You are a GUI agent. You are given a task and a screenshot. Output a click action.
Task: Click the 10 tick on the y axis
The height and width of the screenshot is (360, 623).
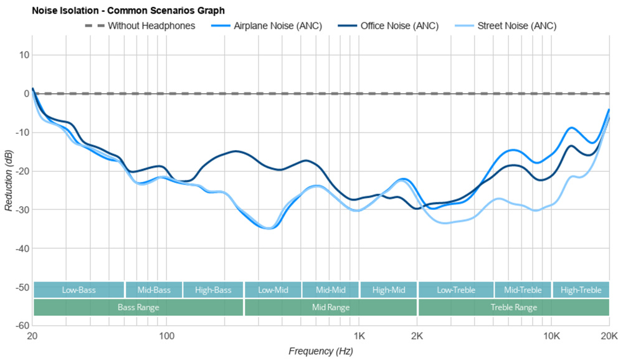click(24, 55)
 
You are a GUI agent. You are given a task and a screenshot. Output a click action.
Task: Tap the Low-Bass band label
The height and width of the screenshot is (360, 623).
click(78, 290)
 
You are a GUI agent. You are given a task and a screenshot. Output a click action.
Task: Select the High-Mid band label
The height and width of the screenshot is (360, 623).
click(388, 290)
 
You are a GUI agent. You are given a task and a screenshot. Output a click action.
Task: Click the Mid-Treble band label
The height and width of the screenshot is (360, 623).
click(523, 290)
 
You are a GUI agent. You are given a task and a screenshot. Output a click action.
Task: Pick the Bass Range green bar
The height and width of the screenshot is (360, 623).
click(138, 308)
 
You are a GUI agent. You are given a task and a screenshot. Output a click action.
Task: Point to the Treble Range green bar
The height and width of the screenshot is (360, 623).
click(513, 308)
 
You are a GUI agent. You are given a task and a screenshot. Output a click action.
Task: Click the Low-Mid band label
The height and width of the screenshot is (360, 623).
click(273, 290)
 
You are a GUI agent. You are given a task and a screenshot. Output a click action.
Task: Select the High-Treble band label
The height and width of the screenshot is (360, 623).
click(581, 290)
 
